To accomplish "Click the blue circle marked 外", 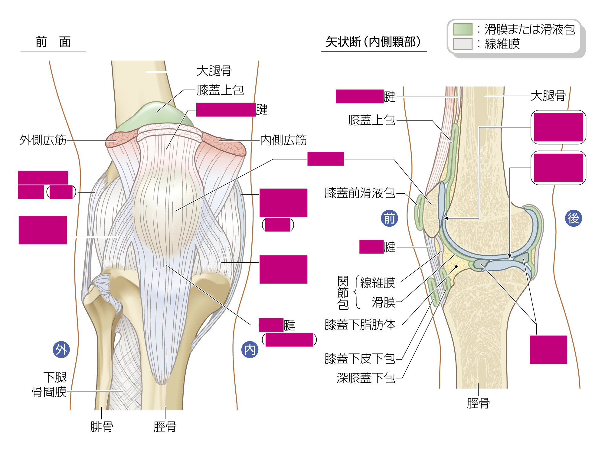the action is click(61, 350).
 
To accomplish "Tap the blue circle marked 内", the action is click(250, 350).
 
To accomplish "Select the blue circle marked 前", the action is click(389, 218).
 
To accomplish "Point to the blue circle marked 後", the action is click(574, 218).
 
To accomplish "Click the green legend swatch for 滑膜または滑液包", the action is click(463, 29).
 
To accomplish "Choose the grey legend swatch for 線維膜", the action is click(463, 44).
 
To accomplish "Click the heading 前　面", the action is click(53, 42).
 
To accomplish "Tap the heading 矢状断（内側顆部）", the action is click(373, 42).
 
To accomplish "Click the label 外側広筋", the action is click(43, 140).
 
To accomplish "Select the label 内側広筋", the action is click(283, 140).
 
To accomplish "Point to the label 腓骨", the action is click(102, 427).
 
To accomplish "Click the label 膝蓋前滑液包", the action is click(360, 193).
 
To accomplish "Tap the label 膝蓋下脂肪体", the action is click(360, 325).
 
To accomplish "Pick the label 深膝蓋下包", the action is click(366, 378).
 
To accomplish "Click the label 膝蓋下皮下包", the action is click(360, 359).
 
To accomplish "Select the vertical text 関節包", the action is click(343, 293).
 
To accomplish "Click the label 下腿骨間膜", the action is click(49, 385).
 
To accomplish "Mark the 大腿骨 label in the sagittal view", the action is click(548, 96).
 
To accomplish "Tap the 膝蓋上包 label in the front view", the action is click(220, 90).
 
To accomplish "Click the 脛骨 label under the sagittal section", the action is click(478, 403).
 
